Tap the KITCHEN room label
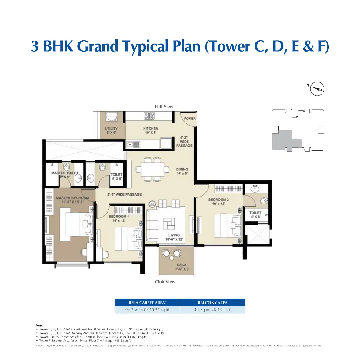coord(151,129)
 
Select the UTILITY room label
coord(111,129)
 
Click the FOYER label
coord(190,119)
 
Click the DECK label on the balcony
coord(182,265)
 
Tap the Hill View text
coord(164,106)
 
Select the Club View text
coord(165,282)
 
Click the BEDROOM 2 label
coord(218,200)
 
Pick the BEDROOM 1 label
coord(119,217)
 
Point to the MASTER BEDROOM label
coord(72,198)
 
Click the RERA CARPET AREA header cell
coord(147,303)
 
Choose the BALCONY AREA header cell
coord(212,303)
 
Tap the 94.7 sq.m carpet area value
coord(147,310)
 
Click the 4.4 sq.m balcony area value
coord(212,310)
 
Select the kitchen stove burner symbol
coord(149,116)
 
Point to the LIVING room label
coord(174,235)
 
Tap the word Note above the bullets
coord(39,325)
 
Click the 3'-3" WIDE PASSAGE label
coord(124,194)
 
